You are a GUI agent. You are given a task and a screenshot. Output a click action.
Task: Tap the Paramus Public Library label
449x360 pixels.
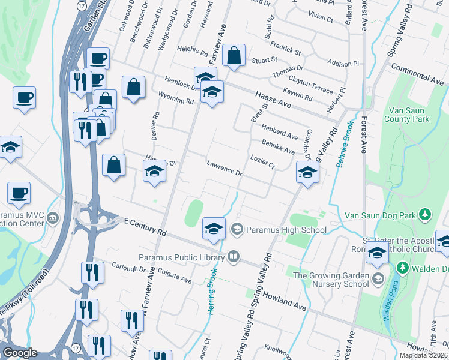pyautogui.click(x=180, y=257)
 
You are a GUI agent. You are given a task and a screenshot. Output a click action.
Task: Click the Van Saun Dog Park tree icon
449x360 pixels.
pyautogui.click(x=425, y=214)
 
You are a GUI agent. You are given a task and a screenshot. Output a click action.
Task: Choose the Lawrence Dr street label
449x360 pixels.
pyautogui.click(x=224, y=168)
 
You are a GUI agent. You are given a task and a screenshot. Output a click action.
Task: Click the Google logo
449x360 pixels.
pyautogui.click(x=20, y=353)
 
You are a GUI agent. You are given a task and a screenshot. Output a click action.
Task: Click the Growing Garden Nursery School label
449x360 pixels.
pyautogui.click(x=330, y=279)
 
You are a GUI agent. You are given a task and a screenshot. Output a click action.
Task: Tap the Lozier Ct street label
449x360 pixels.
pyautogui.click(x=262, y=161)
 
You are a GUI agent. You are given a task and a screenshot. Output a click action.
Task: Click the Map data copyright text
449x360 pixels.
pyautogui.click(x=423, y=355)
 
